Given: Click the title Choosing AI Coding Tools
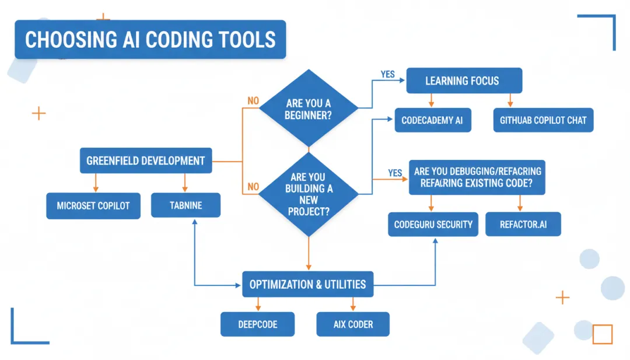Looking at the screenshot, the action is click(x=150, y=40).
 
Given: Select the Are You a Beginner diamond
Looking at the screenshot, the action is click(x=309, y=109).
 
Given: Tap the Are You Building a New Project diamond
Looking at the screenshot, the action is click(x=309, y=194).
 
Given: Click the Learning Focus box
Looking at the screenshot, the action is click(x=464, y=81).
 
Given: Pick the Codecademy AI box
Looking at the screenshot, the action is click(x=432, y=120).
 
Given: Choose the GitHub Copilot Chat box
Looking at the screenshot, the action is click(x=543, y=120).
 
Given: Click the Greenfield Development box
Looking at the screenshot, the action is click(x=145, y=160).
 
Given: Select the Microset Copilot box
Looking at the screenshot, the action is click(x=93, y=206).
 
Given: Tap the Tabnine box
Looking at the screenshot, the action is click(x=185, y=206).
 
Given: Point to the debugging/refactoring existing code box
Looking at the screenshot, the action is click(x=477, y=177).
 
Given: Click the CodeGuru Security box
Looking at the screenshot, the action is click(x=433, y=225).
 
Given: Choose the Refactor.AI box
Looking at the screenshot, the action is click(x=523, y=225).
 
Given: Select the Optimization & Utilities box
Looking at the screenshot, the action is click(x=307, y=285).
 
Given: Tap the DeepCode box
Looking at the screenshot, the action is click(x=257, y=324).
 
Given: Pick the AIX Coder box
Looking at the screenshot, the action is click(x=353, y=324).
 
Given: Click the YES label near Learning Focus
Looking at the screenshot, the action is click(x=387, y=75).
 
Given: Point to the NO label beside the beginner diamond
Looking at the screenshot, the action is click(x=253, y=101).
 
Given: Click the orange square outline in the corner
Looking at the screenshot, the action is click(x=603, y=334).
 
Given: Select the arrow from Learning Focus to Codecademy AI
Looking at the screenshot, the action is click(x=432, y=100).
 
